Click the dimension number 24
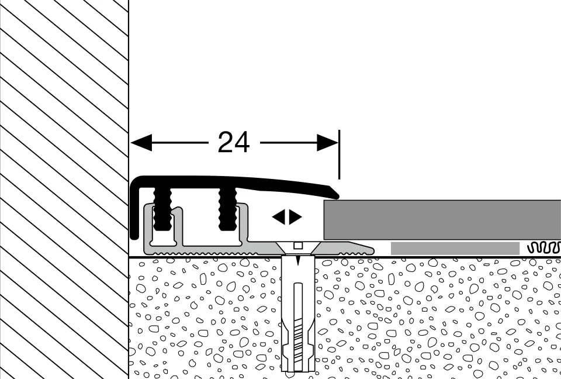(234, 142)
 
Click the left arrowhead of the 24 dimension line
(141, 143)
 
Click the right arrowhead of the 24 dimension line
(327, 143)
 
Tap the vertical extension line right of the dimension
(339, 154)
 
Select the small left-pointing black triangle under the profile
(279, 217)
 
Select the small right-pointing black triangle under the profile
(295, 217)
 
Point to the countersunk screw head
(297, 248)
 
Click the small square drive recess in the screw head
(297, 246)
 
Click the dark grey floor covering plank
(442, 219)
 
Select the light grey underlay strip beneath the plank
(455, 248)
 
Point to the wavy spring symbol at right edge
(544, 247)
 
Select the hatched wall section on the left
(64, 189)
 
